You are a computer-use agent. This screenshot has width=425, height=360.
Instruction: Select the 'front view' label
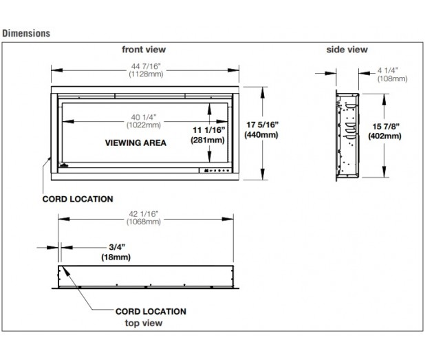coord(144,50)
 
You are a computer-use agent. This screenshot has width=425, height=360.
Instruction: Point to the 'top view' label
coord(144,321)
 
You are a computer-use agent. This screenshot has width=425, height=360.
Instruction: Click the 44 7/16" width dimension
coord(144,66)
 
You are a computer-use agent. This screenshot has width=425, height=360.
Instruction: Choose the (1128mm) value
coord(144,75)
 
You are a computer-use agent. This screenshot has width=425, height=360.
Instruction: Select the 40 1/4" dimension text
coord(144,116)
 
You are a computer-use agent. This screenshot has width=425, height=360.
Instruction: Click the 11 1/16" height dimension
coord(208,129)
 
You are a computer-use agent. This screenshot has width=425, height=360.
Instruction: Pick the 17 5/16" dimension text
coord(262,125)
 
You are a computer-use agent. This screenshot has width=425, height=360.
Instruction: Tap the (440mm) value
coord(262,135)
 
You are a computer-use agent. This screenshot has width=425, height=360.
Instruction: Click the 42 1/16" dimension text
coord(144,213)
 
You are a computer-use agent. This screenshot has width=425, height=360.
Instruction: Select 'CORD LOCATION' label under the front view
coord(78,199)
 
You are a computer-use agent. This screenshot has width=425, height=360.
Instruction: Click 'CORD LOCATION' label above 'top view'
coord(149,311)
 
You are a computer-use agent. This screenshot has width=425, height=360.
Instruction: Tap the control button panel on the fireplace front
coord(216,170)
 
